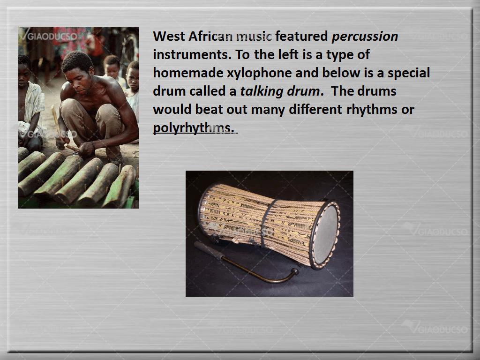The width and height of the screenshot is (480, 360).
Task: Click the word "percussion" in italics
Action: pyautogui.click(x=365, y=37)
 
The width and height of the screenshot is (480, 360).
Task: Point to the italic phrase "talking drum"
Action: pyautogui.click(x=280, y=91)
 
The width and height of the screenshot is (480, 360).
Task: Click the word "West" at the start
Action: pyautogui.click(x=169, y=36)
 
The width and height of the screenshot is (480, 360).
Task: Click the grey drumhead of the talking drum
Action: pyautogui.click(x=325, y=234)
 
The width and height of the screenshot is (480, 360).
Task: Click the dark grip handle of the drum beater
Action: pyautogui.click(x=209, y=250)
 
